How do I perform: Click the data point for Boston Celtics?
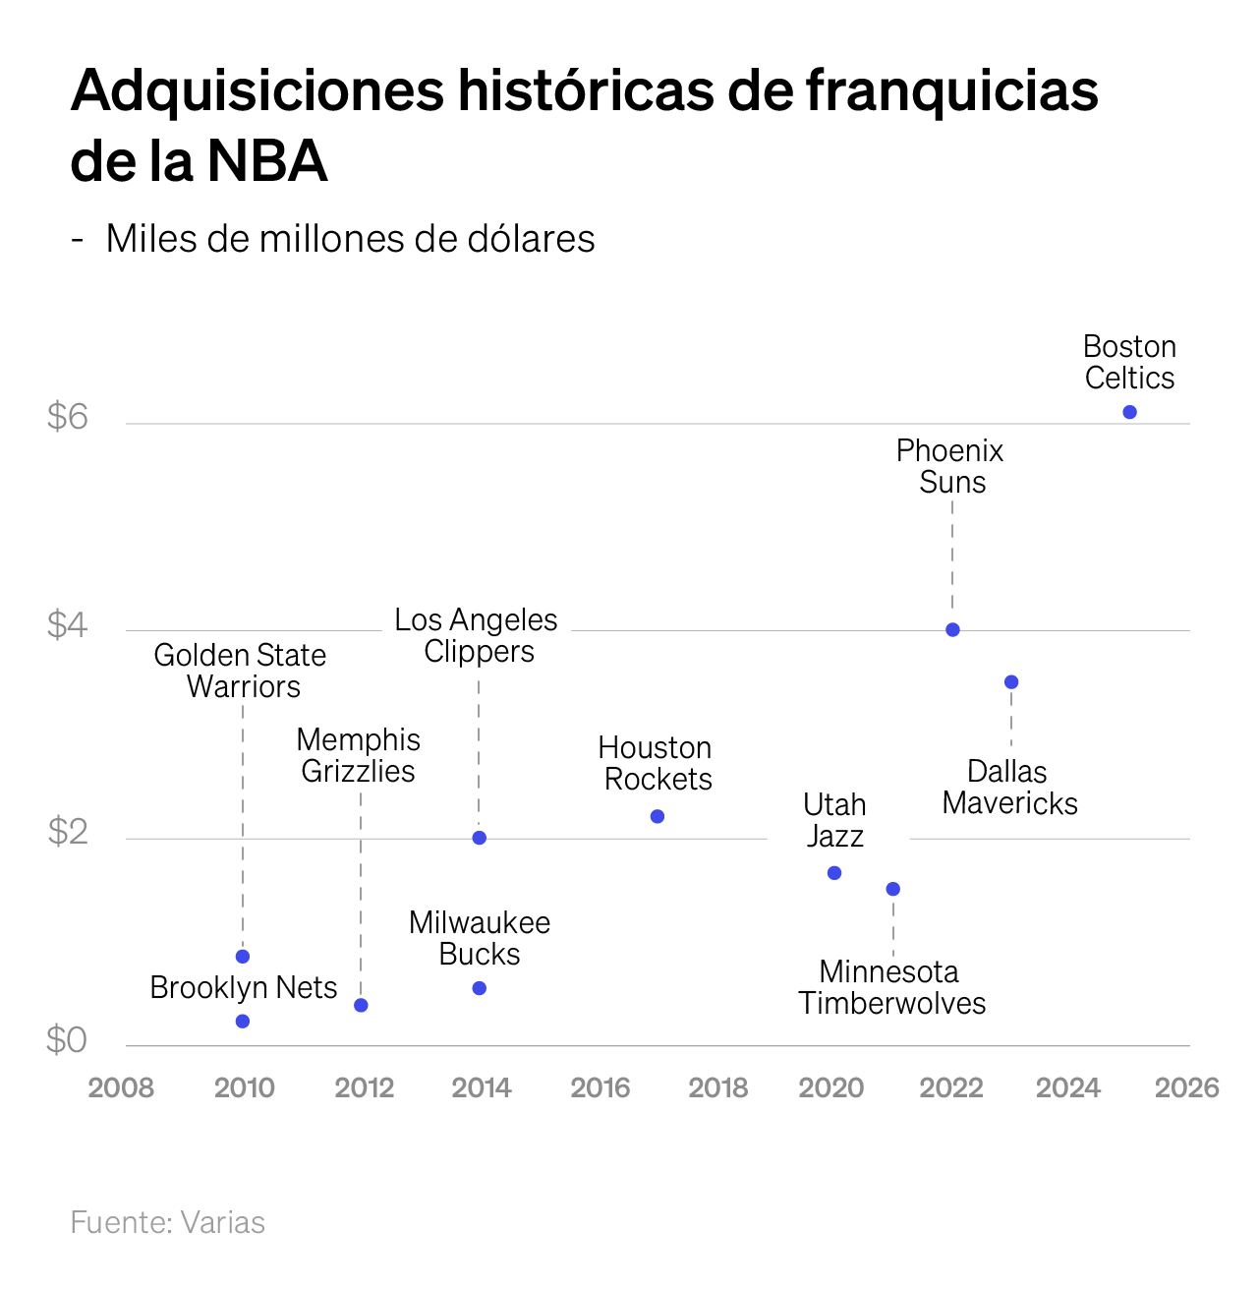(x=1129, y=412)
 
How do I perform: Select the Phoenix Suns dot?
(x=952, y=630)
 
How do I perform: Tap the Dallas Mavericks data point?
(x=1011, y=682)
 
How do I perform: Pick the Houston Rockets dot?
(x=658, y=817)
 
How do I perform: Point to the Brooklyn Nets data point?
(x=243, y=1022)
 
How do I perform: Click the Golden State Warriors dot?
(x=243, y=957)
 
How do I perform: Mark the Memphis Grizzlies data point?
(x=361, y=1005)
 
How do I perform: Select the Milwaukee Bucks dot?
(x=480, y=988)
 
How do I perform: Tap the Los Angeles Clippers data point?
(x=480, y=838)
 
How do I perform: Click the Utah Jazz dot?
(x=834, y=873)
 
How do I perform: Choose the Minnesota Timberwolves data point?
(x=893, y=889)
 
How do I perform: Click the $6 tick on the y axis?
(x=68, y=418)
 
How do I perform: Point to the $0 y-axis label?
(x=68, y=1039)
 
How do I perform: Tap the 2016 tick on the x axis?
(x=601, y=1087)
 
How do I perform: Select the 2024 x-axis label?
(x=1068, y=1087)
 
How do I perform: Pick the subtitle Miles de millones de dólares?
(x=350, y=239)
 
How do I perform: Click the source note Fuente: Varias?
(x=168, y=1222)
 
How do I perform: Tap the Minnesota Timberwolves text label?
(x=891, y=987)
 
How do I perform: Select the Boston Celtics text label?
(x=1129, y=362)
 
